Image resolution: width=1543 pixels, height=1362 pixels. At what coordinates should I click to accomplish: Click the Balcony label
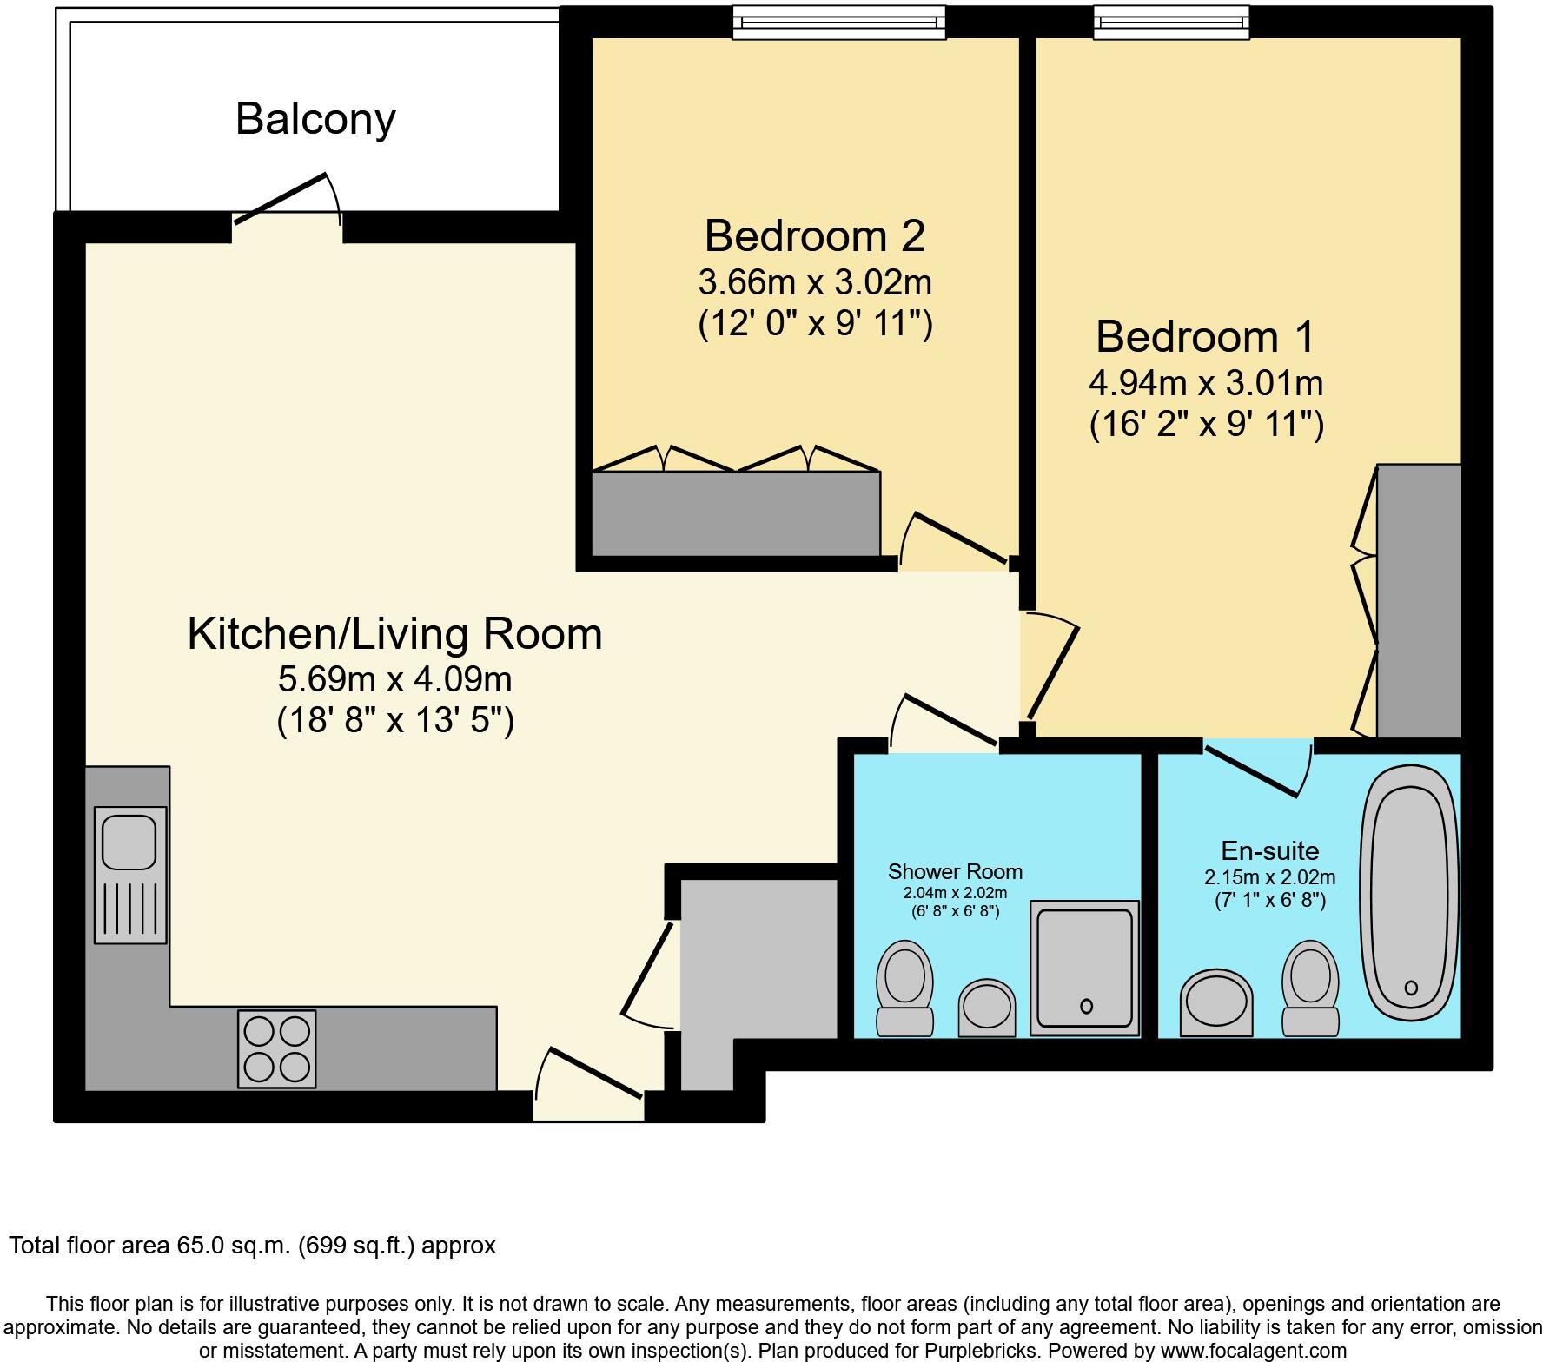315,119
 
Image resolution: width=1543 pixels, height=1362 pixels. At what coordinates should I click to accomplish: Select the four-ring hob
277,1048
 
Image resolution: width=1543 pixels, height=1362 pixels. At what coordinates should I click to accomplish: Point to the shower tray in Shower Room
1084,968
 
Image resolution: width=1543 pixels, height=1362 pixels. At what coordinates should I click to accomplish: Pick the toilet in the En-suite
1310,988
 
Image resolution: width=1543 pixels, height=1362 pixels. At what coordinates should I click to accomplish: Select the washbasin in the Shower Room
987,1008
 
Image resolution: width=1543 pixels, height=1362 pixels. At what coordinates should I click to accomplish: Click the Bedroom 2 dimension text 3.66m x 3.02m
815,282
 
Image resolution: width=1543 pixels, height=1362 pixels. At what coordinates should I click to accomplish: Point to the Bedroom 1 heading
1206,337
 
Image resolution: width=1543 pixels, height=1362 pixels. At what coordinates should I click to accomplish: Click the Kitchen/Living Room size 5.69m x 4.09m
395,678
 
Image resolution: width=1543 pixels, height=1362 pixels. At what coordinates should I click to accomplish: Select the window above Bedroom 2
838,23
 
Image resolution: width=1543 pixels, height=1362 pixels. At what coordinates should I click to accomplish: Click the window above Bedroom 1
1171,23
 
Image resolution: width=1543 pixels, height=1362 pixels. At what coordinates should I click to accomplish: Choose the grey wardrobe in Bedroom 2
736,513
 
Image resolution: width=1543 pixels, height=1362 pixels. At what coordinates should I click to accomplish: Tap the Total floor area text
252,1246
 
